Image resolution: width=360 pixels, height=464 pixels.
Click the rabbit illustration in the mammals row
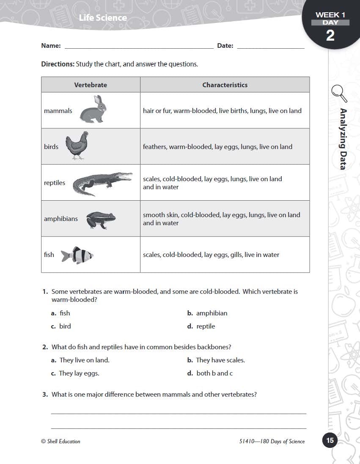tap(93, 110)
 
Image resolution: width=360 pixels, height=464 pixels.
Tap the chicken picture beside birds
tap(77, 146)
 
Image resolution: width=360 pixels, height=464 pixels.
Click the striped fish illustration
tap(77, 255)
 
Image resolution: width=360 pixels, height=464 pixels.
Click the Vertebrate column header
tap(91, 85)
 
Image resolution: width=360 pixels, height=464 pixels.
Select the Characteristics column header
tap(225, 85)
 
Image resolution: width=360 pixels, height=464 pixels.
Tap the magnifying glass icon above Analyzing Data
tap(339, 93)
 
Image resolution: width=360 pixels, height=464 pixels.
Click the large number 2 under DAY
tap(330, 36)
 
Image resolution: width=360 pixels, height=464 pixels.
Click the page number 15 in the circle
tap(330, 440)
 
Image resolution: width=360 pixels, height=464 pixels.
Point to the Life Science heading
tap(103, 18)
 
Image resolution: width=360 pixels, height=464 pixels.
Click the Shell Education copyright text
tap(60, 441)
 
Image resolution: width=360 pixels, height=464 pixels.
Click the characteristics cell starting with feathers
tap(217, 147)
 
